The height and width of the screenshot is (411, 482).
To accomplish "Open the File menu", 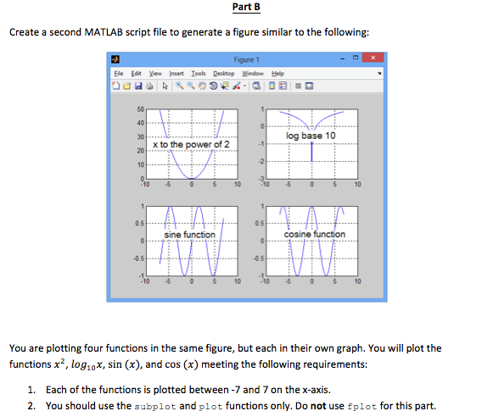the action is tap(117, 74).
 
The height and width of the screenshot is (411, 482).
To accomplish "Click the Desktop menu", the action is tap(225, 74).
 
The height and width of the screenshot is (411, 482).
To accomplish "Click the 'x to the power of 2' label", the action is tap(190, 145).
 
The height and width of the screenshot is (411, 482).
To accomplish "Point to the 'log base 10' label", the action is tap(311, 136).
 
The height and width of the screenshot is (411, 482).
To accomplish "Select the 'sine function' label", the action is tap(189, 234).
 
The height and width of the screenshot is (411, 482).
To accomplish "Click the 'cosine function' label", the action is tap(315, 234).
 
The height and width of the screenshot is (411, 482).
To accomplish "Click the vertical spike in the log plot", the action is tap(312, 151).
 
